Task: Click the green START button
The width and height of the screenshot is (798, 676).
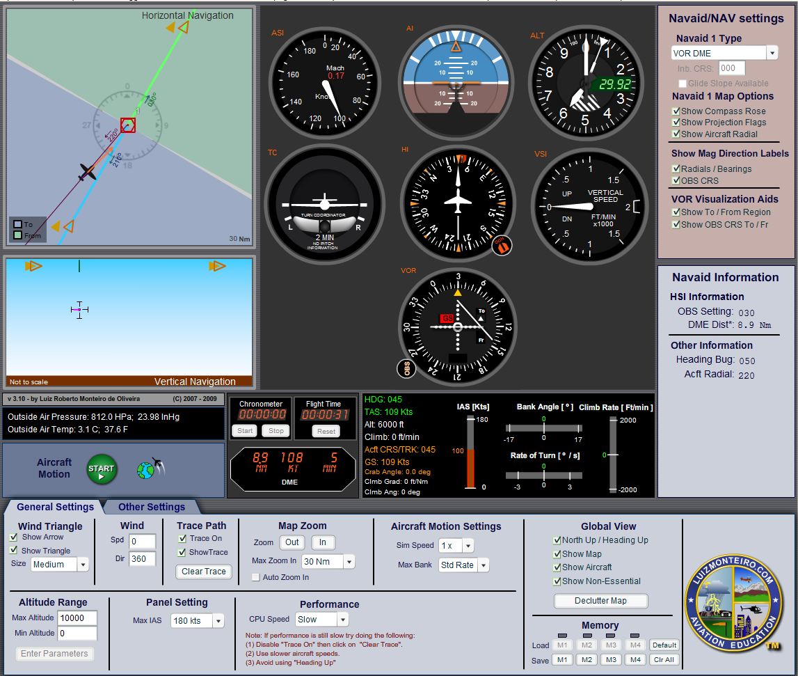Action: point(101,469)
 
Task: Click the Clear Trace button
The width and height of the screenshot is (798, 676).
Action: point(204,572)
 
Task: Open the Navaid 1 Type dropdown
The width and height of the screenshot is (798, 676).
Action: point(772,53)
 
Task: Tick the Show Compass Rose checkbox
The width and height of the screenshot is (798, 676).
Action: point(676,111)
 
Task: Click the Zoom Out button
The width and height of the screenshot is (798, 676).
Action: point(292,542)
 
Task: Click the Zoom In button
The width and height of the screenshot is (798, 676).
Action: point(323,542)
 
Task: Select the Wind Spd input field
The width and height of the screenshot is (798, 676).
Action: point(142,541)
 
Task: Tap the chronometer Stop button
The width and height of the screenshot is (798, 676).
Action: point(276,431)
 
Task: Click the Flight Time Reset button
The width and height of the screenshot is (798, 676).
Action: point(326,431)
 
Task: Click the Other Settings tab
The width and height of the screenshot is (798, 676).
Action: point(151,507)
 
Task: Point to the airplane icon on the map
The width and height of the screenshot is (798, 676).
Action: point(87,171)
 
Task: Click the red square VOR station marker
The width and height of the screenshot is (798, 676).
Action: point(128,125)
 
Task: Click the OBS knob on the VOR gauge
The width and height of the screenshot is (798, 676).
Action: point(406,368)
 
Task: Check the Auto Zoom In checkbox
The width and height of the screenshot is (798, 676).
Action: point(256,577)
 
